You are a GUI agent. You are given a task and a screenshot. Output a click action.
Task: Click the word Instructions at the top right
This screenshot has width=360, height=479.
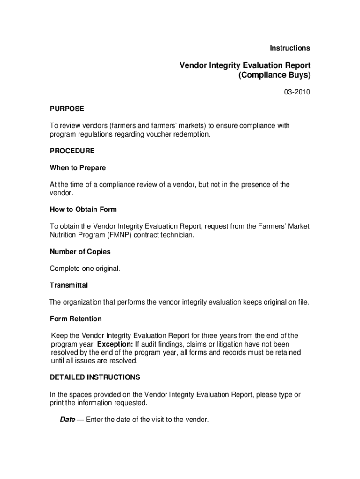[x=290, y=48]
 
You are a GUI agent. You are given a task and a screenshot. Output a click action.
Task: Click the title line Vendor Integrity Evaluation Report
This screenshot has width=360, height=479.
[x=245, y=65]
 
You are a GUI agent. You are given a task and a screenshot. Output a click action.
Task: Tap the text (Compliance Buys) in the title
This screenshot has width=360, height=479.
[x=274, y=75]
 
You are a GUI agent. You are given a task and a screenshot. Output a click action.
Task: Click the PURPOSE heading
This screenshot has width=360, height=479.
[x=67, y=109]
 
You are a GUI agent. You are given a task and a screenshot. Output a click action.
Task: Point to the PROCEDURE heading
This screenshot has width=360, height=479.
[x=72, y=151]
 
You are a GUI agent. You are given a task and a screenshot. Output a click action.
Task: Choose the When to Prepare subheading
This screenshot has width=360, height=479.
[x=78, y=167]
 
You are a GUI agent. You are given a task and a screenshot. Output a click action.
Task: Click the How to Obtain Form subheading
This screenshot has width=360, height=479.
[x=83, y=209]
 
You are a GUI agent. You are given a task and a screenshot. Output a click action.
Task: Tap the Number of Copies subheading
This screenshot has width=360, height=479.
[x=80, y=251]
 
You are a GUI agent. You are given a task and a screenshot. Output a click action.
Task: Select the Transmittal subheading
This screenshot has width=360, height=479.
[x=69, y=285]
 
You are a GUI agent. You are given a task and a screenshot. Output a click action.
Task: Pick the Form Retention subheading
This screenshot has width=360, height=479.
[x=76, y=319]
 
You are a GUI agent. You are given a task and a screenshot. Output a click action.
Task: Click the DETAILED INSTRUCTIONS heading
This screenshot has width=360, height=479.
[x=95, y=377]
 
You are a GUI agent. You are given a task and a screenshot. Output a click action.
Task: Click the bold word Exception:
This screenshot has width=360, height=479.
[x=115, y=344]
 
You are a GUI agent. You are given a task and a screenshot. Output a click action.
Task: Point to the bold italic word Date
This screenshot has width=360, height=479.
[x=67, y=420]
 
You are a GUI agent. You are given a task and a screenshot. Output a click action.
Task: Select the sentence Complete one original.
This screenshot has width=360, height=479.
[x=86, y=269]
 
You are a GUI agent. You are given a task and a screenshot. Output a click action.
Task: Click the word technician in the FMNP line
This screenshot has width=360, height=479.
[x=177, y=235]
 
